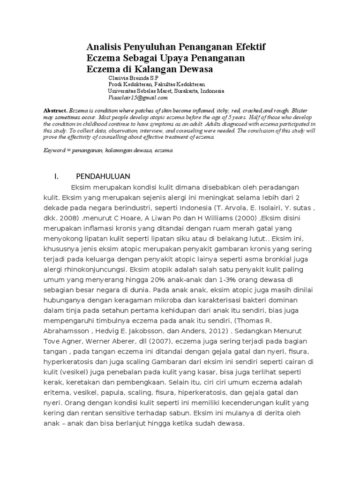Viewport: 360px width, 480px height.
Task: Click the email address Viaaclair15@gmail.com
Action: point(137,98)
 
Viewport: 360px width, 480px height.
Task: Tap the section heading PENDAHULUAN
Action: point(103,176)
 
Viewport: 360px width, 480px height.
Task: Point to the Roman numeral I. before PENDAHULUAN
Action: point(57,176)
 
